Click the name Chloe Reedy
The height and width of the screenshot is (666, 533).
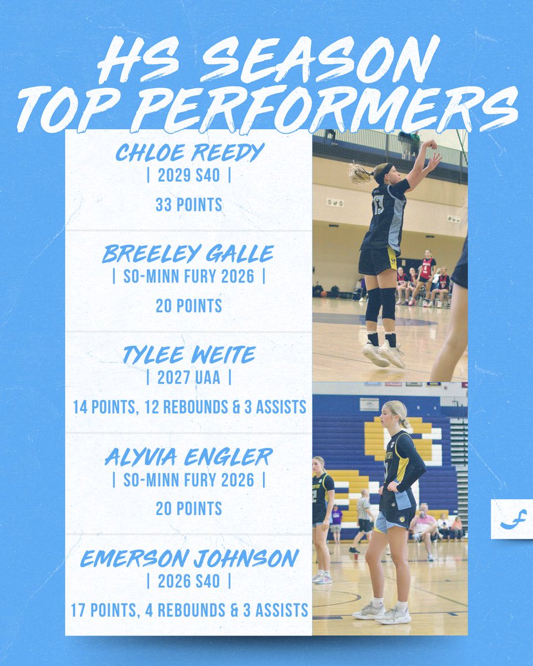pos(189,153)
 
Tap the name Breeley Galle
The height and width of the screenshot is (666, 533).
pos(189,254)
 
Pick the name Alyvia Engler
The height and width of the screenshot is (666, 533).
pos(189,457)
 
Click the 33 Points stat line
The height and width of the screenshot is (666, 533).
pos(189,205)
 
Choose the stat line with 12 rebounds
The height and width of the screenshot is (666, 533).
pos(189,407)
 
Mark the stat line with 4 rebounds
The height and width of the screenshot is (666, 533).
pos(189,610)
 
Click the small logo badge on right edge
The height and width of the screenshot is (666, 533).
pos(511,518)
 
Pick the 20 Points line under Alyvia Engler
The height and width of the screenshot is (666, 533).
pos(189,508)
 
